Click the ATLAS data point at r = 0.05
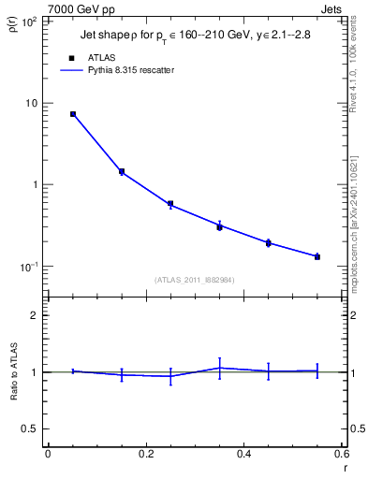point(73,114)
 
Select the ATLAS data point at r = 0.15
point(122,171)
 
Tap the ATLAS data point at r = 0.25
point(170,204)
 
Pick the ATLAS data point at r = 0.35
point(219,226)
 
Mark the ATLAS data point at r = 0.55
point(317,256)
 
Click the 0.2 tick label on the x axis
point(146,454)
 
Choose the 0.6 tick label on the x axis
point(342,454)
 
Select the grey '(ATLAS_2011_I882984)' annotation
point(194,280)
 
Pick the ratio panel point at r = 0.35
point(219,368)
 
